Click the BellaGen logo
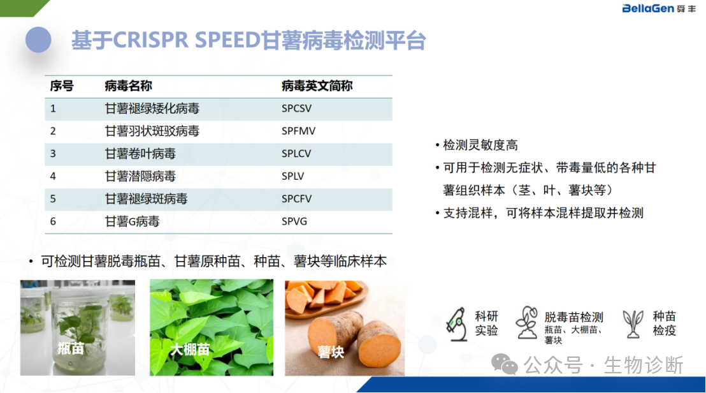pos(659,8)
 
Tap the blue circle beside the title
pos(38,40)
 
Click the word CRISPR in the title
pos(150,40)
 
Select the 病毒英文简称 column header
pos(317,85)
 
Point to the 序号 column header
pos(62,85)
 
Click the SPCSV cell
pos(296,108)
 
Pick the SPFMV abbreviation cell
pos(298,131)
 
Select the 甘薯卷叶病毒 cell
pos(140,154)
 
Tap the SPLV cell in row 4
pos(292,176)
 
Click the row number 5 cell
pos(53,199)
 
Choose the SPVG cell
pos(294,221)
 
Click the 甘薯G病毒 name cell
pos(132,221)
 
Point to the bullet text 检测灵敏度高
pos(480,145)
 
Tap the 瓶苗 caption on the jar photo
pos(71,348)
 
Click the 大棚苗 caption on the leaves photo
pos(190,349)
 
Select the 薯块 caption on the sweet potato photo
pos(331,352)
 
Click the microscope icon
pos(457,324)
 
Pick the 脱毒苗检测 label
pos(573,317)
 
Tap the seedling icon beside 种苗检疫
pos(633,323)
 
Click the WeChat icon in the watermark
pos(504,364)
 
